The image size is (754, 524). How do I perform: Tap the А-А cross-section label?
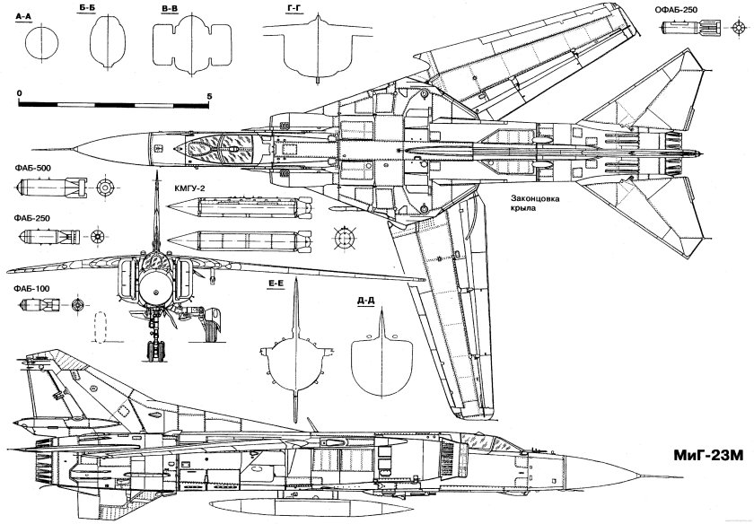(23, 17)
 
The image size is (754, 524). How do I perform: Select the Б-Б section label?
(84, 10)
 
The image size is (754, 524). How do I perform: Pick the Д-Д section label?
(365, 301)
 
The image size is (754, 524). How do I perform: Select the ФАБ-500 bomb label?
(32, 169)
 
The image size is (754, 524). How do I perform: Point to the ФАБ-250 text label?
(31, 218)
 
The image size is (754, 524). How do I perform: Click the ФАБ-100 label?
(31, 289)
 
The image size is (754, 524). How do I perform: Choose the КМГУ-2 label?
(190, 188)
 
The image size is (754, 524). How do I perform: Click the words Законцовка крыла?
(535, 203)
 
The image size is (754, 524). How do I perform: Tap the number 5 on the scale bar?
(209, 96)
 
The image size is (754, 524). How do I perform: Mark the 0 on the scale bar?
(19, 92)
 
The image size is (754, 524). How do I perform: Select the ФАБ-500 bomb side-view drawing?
(51, 188)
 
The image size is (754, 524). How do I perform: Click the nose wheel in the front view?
(154, 352)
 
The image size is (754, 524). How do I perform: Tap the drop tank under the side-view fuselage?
(306, 506)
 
